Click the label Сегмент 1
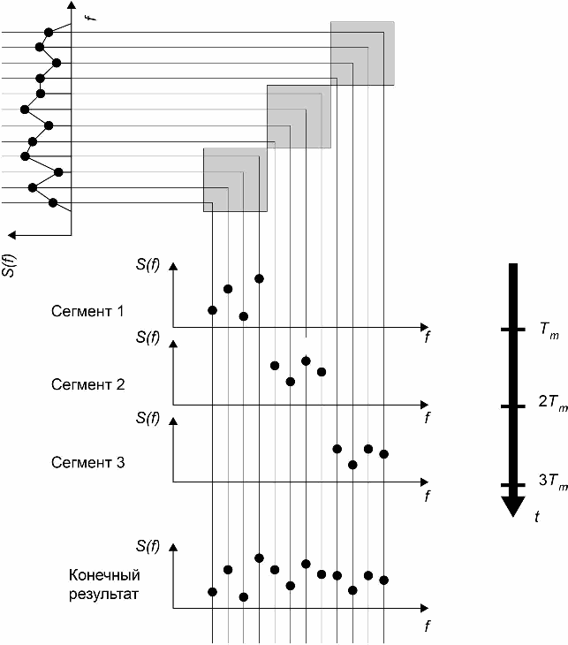(87, 312)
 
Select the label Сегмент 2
(87, 385)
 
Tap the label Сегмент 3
(87, 461)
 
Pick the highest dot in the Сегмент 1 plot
(259, 279)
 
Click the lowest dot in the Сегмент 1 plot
(244, 316)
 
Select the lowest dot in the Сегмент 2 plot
(290, 382)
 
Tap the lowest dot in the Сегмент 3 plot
(352, 464)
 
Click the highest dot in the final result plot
(259, 558)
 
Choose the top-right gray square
(362, 53)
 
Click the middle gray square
(299, 116)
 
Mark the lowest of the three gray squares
(235, 179)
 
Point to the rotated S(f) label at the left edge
(9, 262)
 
